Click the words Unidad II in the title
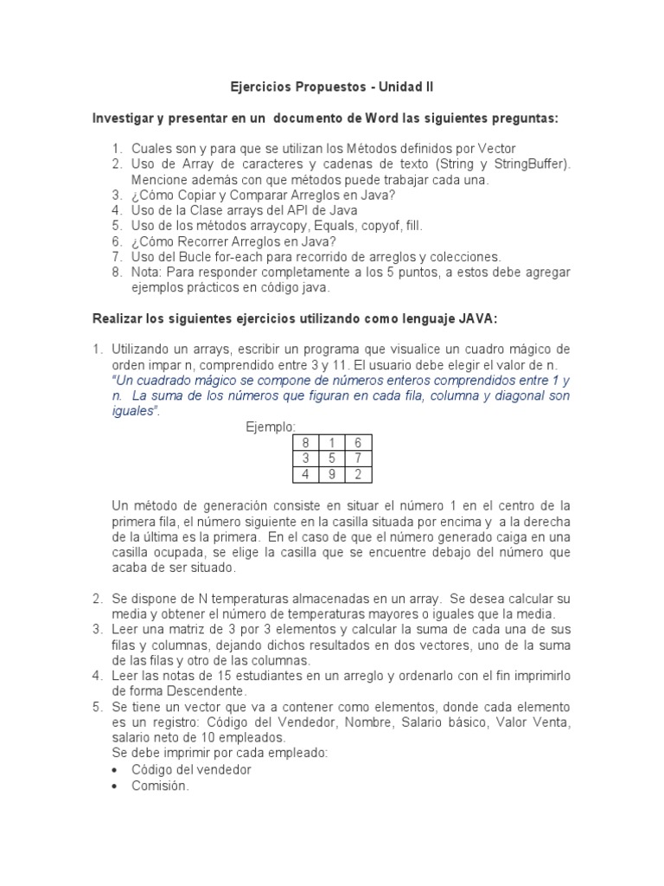[x=405, y=87]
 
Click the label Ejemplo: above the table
[x=271, y=427]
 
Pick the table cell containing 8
[x=305, y=443]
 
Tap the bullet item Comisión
[x=160, y=786]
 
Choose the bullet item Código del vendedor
[x=191, y=770]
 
